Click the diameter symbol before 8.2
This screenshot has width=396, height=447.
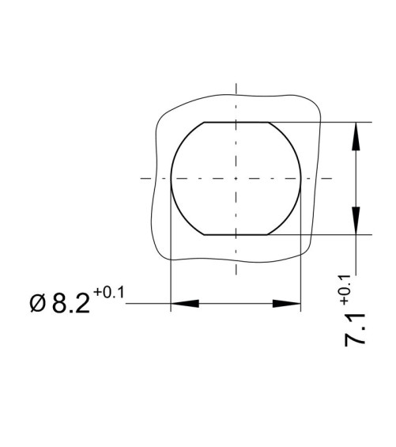(x=38, y=304)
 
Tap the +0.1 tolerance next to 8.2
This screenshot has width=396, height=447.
(x=109, y=293)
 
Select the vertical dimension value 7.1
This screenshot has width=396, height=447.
(x=355, y=330)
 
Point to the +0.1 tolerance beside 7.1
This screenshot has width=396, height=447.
(x=344, y=289)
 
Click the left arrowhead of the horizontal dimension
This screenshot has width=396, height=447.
(x=185, y=304)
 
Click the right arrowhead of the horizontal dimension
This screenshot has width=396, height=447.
(x=287, y=304)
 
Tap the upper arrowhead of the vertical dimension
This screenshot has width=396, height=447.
(x=356, y=136)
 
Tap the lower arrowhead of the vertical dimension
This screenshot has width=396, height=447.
(x=356, y=221)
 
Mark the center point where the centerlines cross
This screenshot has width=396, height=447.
(x=236, y=179)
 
